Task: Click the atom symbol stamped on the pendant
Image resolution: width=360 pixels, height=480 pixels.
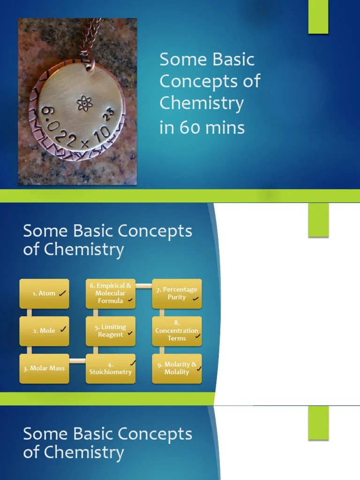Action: [84, 103]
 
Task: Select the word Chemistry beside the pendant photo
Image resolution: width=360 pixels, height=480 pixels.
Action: [202, 103]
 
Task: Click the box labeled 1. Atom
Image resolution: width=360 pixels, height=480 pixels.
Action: [44, 294]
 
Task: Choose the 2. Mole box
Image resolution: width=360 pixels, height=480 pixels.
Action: [44, 331]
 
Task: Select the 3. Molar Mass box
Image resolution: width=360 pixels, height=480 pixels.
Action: [44, 368]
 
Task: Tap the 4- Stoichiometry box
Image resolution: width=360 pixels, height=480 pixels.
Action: [111, 368]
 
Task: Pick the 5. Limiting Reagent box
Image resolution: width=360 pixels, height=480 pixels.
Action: [111, 331]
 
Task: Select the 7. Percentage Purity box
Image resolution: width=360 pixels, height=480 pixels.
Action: [177, 294]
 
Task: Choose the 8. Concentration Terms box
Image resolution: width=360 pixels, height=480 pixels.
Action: [177, 331]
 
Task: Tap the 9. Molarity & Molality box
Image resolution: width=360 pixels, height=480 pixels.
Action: [177, 368]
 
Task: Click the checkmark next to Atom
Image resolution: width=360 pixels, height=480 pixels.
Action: [63, 293]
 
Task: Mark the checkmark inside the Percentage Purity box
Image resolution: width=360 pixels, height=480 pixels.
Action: [195, 299]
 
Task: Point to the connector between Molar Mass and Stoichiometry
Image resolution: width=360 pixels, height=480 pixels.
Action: [77, 360]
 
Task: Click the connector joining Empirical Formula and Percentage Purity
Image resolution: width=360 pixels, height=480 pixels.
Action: [144, 285]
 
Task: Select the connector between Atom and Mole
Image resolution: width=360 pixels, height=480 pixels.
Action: [29, 313]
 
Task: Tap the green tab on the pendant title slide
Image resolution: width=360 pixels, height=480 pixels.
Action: [318, 17]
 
